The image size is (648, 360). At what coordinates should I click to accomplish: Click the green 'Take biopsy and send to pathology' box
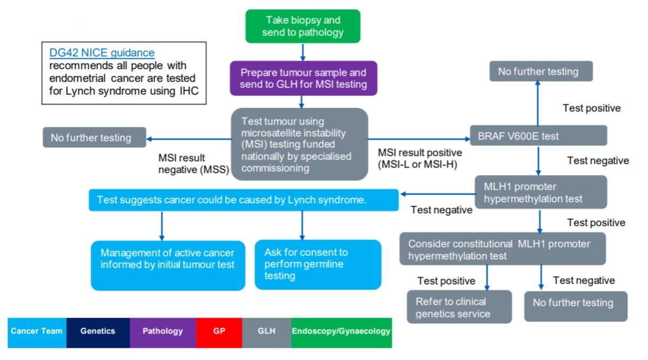click(303, 27)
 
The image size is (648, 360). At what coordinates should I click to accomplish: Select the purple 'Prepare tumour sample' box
click(303, 78)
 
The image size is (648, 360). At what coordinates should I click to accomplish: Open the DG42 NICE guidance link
click(102, 53)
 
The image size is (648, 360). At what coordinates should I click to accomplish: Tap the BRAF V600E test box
click(538, 136)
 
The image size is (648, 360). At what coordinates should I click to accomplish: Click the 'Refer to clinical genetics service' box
click(459, 307)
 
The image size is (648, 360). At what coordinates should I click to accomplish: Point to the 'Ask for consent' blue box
click(317, 264)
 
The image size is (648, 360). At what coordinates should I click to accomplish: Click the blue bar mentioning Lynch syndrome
click(243, 200)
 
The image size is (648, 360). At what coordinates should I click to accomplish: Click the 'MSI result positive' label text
click(420, 158)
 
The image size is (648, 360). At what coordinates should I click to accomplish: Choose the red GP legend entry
click(219, 331)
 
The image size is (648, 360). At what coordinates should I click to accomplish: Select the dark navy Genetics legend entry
click(97, 331)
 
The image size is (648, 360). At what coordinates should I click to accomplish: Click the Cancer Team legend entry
click(37, 331)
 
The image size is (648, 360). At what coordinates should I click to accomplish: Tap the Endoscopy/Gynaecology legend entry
click(341, 331)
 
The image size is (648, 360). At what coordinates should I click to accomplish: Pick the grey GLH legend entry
click(267, 331)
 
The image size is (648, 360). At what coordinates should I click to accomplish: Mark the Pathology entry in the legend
click(163, 331)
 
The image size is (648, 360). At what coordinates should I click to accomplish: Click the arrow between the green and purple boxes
click(303, 51)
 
